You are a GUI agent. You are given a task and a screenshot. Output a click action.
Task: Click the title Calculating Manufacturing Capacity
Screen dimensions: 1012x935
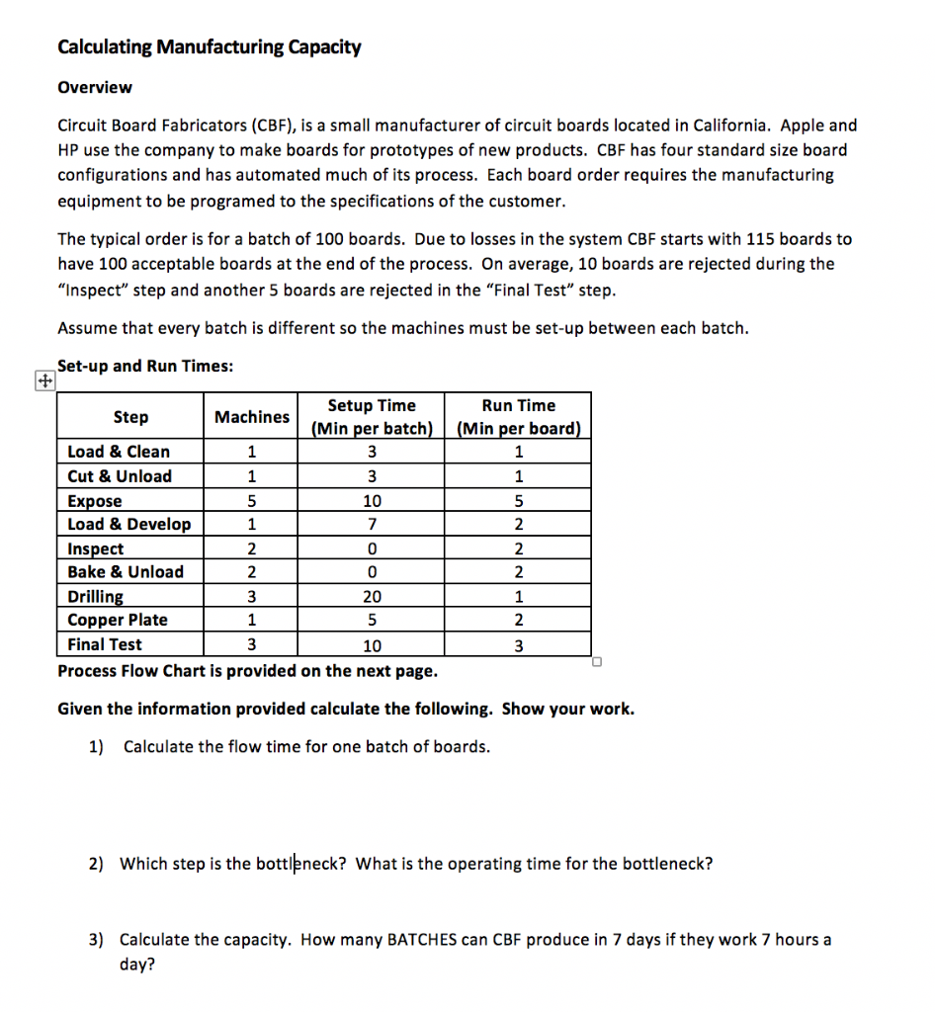point(210,46)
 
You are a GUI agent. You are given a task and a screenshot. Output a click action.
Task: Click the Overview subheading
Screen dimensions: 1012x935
point(95,87)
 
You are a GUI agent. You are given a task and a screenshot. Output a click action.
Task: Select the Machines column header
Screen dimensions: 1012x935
point(252,417)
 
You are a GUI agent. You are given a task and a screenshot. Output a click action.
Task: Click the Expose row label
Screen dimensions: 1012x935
point(95,501)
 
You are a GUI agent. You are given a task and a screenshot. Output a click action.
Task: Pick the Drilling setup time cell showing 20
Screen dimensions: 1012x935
point(372,596)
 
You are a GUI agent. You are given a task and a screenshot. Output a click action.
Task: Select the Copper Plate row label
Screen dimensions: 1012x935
point(118,620)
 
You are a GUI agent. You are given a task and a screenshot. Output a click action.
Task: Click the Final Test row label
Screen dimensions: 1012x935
point(105,644)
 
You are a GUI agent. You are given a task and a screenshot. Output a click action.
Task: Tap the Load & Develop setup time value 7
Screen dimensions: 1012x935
point(372,524)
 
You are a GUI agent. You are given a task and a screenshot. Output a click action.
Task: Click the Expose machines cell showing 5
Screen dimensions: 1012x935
point(252,501)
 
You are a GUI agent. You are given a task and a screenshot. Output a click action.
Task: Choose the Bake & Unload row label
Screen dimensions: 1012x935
point(126,571)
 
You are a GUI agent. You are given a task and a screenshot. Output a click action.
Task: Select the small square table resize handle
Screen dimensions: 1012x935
point(597,662)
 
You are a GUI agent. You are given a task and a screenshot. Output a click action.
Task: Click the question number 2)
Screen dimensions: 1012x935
point(96,864)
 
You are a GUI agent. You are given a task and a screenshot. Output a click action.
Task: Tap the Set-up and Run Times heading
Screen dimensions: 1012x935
point(145,366)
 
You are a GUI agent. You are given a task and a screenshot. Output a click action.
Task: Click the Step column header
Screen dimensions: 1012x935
point(130,417)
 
